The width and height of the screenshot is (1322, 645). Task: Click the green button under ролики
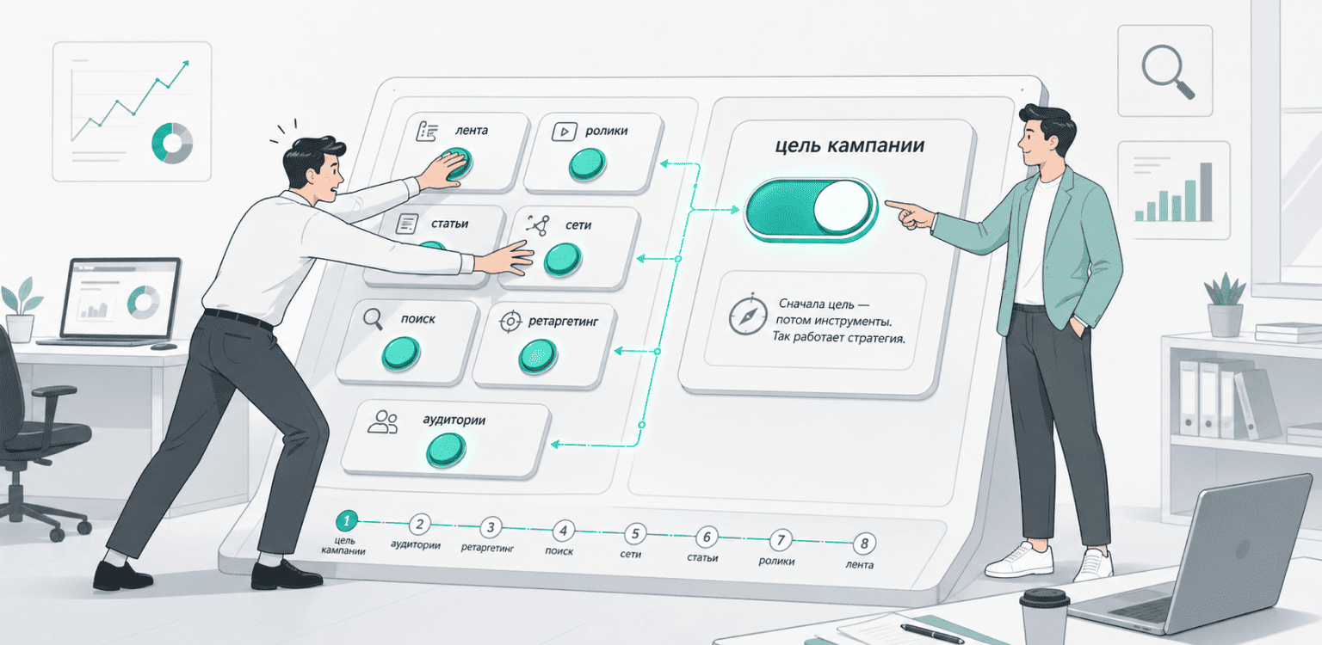click(587, 164)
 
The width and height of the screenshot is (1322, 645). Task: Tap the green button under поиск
click(401, 353)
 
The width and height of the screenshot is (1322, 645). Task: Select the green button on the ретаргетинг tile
click(537, 356)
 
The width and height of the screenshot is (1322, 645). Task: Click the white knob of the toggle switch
click(842, 206)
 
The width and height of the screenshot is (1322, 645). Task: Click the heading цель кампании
click(849, 145)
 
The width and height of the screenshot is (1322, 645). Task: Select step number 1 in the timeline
click(347, 520)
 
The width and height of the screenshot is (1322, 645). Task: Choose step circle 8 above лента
click(864, 543)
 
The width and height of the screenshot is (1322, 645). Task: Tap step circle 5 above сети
click(635, 533)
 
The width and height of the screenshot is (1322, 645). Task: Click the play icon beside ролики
click(564, 131)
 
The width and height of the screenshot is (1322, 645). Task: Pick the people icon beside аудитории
click(382, 422)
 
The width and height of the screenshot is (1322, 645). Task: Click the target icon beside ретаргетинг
click(510, 322)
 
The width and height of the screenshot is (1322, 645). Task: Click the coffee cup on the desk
click(1044, 617)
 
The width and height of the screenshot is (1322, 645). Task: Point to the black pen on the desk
click(931, 633)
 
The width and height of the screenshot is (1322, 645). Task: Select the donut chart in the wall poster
click(172, 143)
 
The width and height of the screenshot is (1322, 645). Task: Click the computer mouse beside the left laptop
click(164, 346)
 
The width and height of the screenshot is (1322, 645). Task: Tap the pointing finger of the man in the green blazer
click(897, 205)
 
